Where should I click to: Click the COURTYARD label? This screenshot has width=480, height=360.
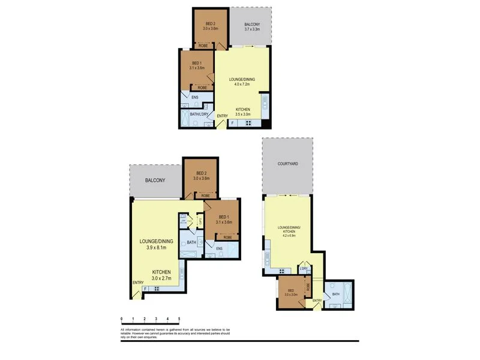(x=287, y=163)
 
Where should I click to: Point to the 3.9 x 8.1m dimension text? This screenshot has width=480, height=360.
(x=155, y=247)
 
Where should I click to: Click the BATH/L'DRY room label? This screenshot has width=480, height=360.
(x=199, y=114)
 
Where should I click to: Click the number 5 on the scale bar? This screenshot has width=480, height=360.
(x=179, y=319)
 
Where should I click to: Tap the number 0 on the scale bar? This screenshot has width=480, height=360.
(x=122, y=319)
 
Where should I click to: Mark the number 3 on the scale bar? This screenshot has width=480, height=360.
(x=156, y=319)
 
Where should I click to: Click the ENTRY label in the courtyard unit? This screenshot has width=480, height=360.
(x=317, y=301)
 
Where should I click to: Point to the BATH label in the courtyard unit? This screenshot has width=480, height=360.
(x=335, y=294)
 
